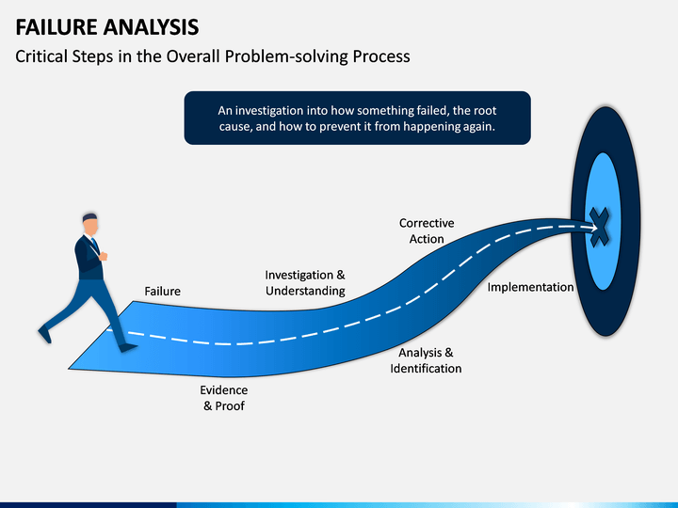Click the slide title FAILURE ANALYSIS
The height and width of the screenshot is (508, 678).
click(106, 24)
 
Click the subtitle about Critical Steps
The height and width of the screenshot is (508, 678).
click(213, 56)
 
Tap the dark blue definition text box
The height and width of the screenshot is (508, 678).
click(357, 118)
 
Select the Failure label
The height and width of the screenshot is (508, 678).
click(162, 292)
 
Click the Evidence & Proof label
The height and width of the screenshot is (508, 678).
click(223, 398)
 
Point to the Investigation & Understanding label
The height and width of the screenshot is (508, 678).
click(305, 283)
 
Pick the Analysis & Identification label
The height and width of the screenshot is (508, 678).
click(426, 360)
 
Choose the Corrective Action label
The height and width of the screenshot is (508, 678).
click(427, 231)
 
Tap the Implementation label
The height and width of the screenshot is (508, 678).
click(530, 287)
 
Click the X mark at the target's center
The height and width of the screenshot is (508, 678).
click(600, 227)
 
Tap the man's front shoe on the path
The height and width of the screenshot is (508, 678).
click(125, 347)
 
